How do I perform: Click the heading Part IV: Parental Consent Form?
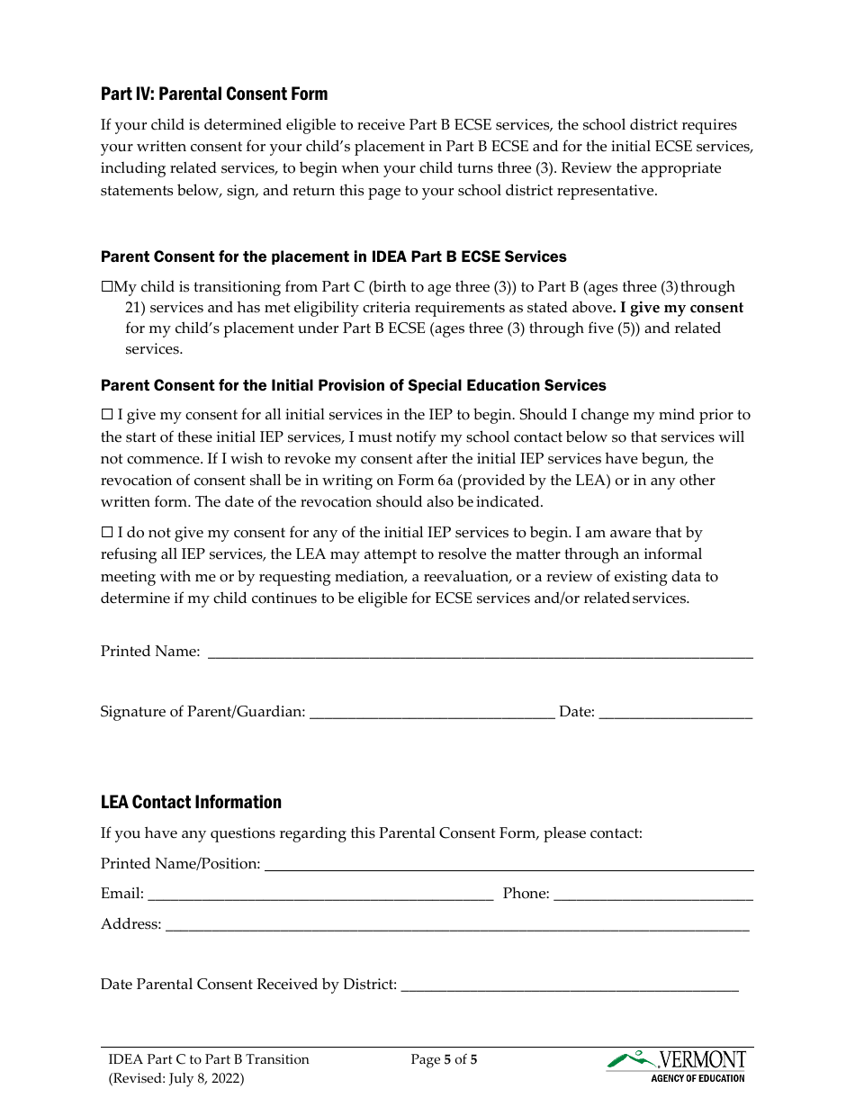213,94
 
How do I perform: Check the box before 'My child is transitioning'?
107,287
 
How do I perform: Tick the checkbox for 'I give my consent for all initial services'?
107,415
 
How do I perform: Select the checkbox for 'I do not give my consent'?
107,534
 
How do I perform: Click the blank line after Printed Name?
480,652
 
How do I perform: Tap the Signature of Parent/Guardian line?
431,713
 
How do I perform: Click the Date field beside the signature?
675,713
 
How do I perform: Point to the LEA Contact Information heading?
191,802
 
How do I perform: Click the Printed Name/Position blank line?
508,865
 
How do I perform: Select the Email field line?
319,895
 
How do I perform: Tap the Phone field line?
652,895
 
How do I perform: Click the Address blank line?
456,925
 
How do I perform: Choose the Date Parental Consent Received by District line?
569,985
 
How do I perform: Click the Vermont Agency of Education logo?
677,1066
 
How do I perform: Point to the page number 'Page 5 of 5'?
444,1059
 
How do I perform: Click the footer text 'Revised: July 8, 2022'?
175,1078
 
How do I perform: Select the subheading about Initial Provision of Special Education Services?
353,385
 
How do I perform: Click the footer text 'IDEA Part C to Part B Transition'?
208,1059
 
